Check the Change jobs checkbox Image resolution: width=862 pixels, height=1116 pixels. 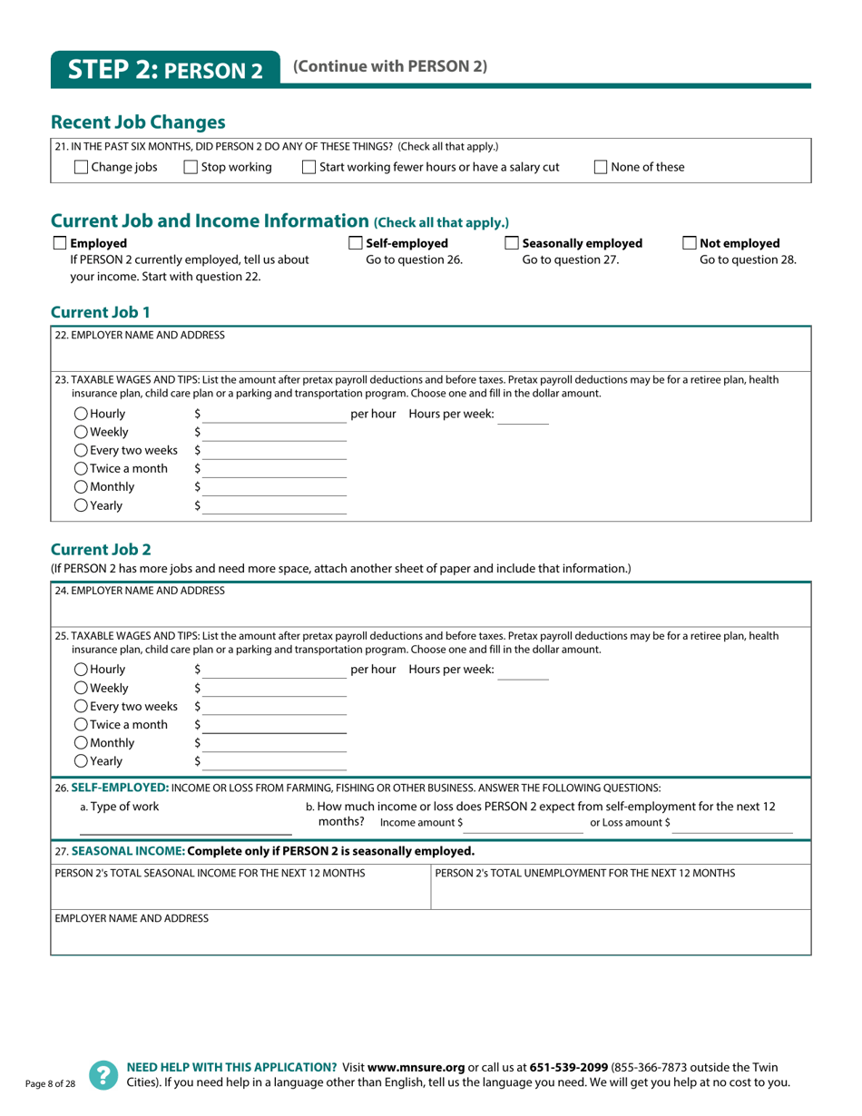tap(81, 167)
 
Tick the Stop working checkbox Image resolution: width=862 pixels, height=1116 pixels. tap(191, 167)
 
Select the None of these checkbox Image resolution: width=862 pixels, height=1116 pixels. tap(602, 167)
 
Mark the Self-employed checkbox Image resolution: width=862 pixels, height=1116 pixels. tap(356, 243)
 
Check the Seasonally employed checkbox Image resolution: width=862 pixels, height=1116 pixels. tap(513, 243)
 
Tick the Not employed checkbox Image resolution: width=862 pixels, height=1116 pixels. tap(690, 243)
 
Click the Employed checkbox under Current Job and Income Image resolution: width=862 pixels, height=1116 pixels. tap(60, 243)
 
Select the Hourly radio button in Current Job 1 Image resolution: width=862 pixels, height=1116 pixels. tap(81, 414)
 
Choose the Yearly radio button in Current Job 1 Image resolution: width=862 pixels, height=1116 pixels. tap(81, 506)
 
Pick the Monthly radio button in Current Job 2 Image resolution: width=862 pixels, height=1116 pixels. tap(81, 743)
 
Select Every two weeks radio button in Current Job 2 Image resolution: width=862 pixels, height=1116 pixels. tap(81, 706)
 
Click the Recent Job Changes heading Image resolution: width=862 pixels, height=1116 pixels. tap(138, 122)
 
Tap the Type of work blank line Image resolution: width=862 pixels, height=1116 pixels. tap(185, 827)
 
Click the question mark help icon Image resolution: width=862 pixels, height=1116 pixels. tap(103, 1074)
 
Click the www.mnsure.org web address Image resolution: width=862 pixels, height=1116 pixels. tap(416, 1068)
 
